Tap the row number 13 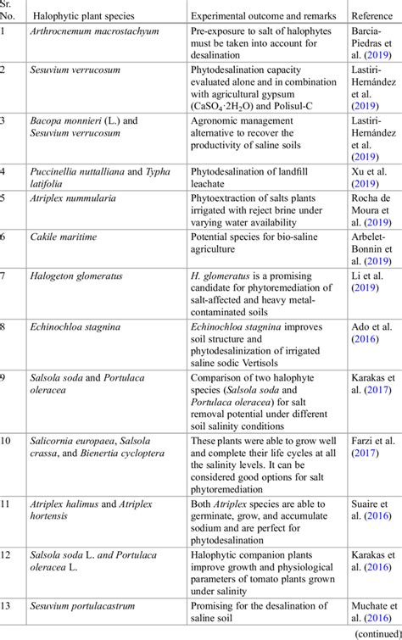[x=8, y=604]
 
